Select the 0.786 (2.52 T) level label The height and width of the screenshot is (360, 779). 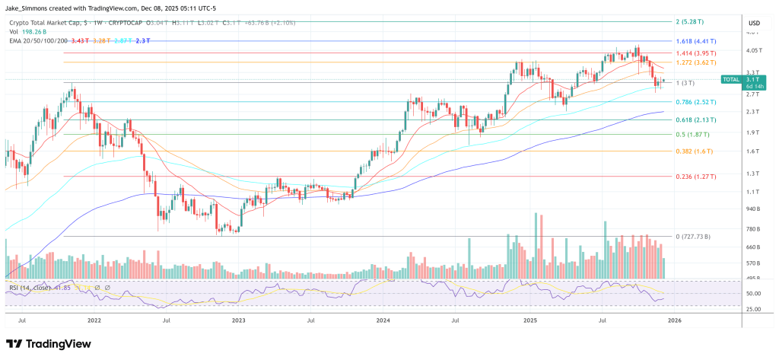tap(696, 101)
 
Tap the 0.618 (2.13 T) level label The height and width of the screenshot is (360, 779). tap(696, 119)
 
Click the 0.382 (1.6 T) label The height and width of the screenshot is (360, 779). tap(693, 151)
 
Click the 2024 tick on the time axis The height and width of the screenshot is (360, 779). tap(383, 321)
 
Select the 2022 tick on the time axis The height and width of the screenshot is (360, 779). tap(95, 321)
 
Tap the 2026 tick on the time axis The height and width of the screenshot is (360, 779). tap(674, 321)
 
